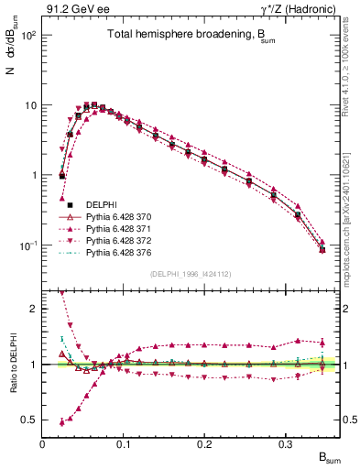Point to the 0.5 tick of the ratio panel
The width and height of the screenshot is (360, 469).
31,420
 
